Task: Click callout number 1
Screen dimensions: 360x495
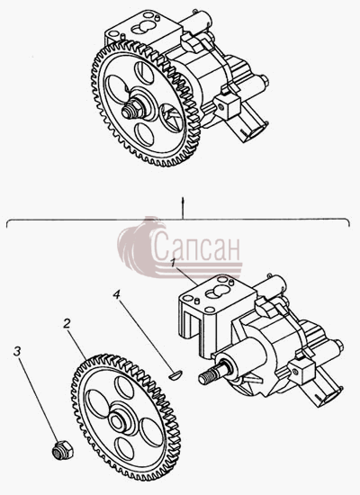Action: click(173, 262)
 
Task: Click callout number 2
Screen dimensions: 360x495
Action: click(67, 324)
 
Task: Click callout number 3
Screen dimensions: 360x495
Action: click(17, 351)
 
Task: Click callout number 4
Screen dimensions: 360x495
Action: click(117, 295)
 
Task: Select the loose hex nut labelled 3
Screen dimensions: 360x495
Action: click(62, 450)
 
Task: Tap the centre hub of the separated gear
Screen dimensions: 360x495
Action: click(119, 419)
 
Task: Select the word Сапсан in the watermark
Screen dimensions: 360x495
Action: click(196, 247)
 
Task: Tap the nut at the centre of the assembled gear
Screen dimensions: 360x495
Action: click(132, 109)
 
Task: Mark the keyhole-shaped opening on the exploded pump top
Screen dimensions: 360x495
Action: click(217, 292)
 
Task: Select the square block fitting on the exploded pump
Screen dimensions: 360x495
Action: click(301, 371)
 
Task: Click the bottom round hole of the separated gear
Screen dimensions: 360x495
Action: click(124, 448)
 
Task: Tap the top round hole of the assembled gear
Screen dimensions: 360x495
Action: click(144, 73)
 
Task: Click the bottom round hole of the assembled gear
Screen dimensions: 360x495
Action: click(144, 135)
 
